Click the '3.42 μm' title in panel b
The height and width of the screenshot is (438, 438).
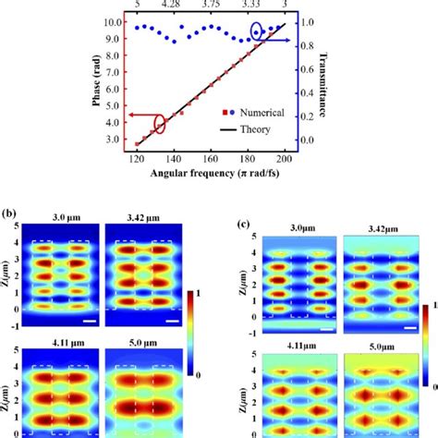pyautogui.click(x=135, y=219)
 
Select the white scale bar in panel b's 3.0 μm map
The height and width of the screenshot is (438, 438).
pyautogui.click(x=81, y=320)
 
